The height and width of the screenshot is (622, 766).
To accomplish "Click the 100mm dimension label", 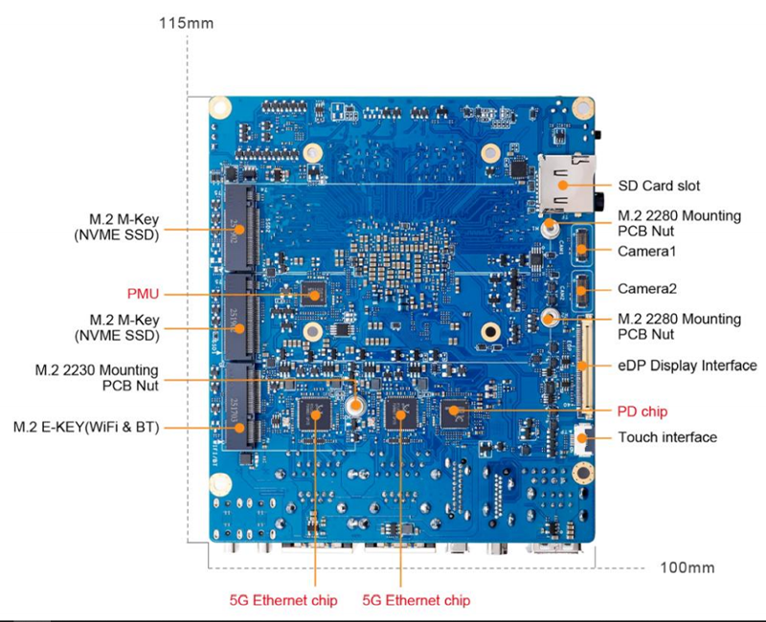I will (x=687, y=567).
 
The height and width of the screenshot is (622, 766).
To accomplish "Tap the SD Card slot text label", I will (x=659, y=186).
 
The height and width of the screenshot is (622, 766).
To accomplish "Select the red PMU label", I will (x=144, y=293).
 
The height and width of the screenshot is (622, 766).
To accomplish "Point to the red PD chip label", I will (x=642, y=411).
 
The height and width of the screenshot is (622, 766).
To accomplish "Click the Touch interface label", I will (x=667, y=437).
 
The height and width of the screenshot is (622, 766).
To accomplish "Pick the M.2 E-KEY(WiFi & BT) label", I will (x=86, y=426).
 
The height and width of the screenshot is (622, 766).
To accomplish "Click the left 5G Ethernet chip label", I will (x=282, y=600).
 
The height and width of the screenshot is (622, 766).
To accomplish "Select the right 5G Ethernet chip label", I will (x=417, y=600).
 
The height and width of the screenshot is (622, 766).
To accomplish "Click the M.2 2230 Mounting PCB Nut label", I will (x=97, y=377).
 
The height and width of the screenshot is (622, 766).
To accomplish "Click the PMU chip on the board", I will (x=314, y=294).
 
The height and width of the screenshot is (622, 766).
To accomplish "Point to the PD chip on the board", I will (x=454, y=414).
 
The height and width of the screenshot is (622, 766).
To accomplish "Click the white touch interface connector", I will (x=580, y=438).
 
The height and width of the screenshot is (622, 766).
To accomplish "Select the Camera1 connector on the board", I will (x=579, y=249).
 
